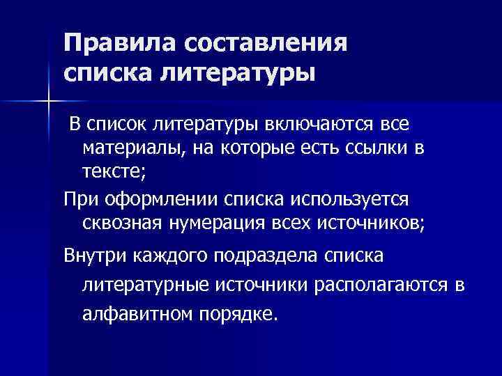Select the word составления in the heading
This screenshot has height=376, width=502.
click(265, 43)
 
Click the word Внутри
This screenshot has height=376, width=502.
click(96, 256)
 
